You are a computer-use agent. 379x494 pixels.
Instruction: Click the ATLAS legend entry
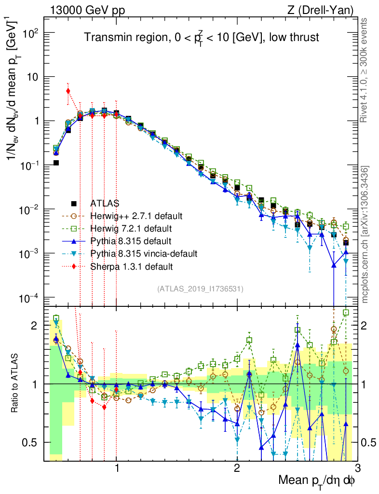(105, 203)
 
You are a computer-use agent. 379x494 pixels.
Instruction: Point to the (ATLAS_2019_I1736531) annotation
(200, 289)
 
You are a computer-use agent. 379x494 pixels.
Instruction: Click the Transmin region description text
(202, 38)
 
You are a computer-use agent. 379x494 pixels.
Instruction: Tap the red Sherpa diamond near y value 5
(68, 91)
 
